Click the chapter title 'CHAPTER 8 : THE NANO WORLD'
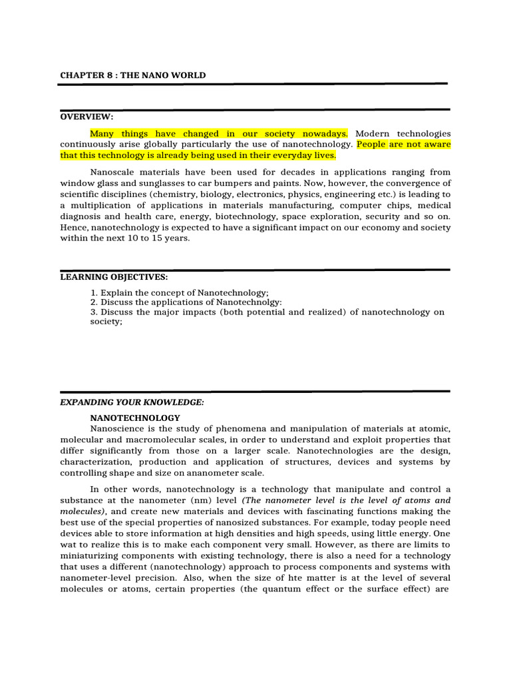click(x=132, y=75)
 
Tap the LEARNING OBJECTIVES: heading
click(x=114, y=276)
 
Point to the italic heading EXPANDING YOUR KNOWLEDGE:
click(x=132, y=402)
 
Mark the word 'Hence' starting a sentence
click(x=72, y=228)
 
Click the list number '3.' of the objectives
click(x=94, y=312)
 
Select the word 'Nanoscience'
click(x=120, y=428)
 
